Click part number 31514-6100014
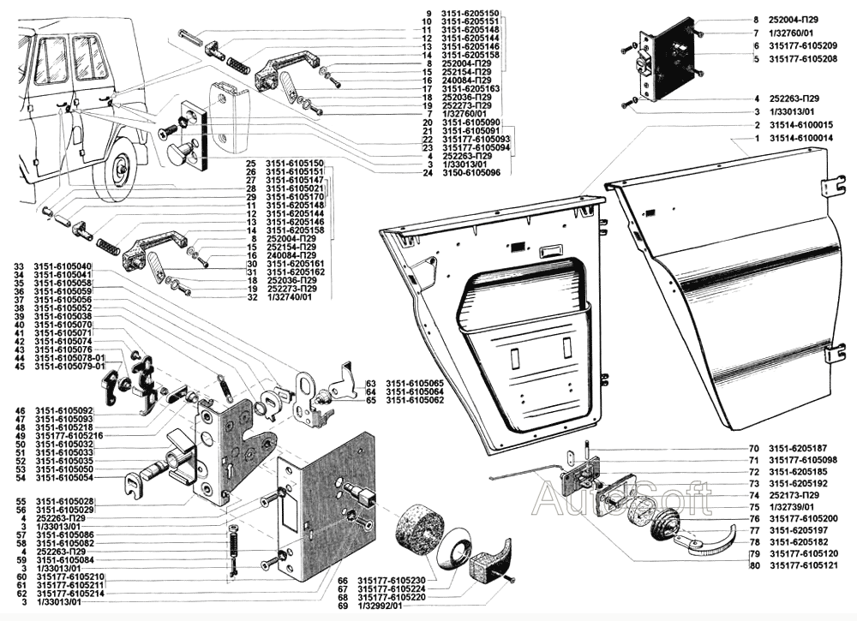tap(801, 137)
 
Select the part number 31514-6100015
tap(801, 125)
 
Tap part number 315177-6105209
tap(801, 45)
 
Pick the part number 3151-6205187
tap(797, 448)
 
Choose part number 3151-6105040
tap(64, 266)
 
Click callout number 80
tap(753, 565)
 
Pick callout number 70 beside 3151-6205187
tap(753, 448)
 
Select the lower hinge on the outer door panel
tap(829, 354)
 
